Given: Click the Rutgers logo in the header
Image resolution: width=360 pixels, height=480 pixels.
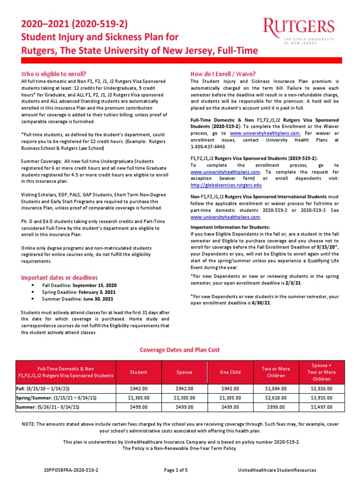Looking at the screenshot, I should point(299,31).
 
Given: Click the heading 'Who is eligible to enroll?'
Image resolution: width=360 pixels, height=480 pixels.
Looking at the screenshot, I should point(54,74).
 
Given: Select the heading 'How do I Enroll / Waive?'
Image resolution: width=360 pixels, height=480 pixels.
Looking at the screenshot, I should point(223,74).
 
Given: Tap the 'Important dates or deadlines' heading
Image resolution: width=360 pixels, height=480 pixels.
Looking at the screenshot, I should point(60,277).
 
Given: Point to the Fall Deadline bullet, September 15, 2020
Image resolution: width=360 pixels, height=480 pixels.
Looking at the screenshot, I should point(79,285).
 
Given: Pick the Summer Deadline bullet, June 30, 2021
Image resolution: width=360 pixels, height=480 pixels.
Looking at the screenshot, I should point(79,299).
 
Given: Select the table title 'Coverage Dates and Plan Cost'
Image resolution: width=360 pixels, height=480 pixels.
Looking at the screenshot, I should point(180,350).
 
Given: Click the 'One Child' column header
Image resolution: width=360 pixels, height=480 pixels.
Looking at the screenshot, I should point(230,372).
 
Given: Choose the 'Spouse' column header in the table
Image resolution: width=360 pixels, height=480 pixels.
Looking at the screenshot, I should point(184,372).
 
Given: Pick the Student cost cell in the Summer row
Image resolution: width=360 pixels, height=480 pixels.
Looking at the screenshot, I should point(138,406).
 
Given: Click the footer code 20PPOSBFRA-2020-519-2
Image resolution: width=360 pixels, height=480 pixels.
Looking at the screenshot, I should point(71,470).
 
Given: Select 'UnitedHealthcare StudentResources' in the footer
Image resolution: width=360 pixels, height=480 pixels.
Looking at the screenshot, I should point(277,470).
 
